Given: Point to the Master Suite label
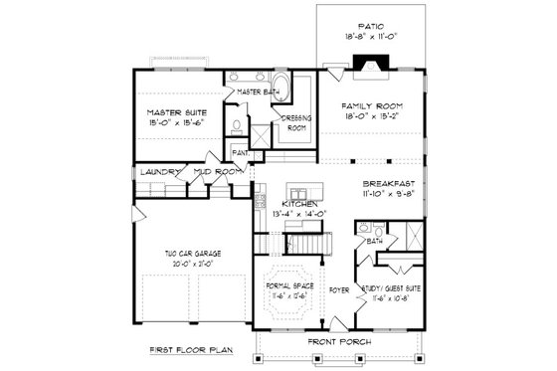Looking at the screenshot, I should point(177,113).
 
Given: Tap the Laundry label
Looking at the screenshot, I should point(158,172).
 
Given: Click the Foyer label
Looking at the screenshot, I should point(338,293).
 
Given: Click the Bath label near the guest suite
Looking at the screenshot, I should point(375,241).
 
